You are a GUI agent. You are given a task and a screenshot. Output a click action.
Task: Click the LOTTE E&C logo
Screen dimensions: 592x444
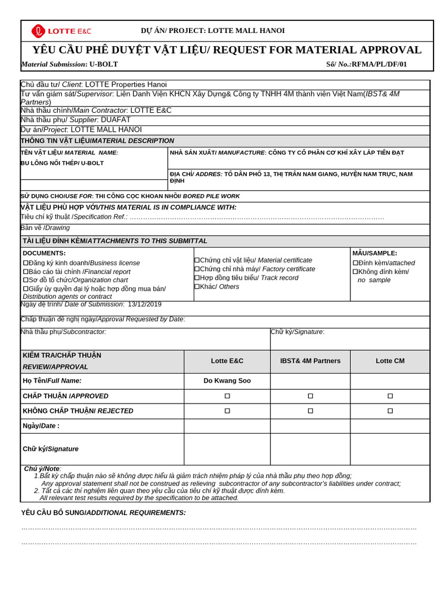tap(61, 31)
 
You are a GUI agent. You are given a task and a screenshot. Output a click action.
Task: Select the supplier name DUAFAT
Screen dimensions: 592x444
tap(116, 120)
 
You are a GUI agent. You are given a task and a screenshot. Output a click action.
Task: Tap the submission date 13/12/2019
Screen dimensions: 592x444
tap(145, 304)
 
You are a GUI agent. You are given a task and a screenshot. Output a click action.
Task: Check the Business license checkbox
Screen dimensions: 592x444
tap(25, 263)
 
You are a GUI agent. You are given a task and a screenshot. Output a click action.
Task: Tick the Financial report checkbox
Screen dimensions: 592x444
tap(25, 272)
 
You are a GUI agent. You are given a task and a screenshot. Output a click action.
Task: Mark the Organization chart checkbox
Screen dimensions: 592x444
tap(25, 280)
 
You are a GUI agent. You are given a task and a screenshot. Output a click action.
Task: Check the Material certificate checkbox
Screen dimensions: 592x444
tap(197, 261)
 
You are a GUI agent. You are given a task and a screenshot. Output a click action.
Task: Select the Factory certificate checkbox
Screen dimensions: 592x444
tap(197, 269)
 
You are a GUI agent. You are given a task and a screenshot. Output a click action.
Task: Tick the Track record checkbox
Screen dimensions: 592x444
tap(197, 278)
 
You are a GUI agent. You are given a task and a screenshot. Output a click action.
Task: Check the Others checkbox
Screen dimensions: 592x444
tap(197, 287)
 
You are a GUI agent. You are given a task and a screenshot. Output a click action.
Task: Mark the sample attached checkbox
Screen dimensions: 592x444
tap(356, 263)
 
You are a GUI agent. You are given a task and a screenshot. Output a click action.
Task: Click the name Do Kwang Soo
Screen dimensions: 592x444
tap(227, 380)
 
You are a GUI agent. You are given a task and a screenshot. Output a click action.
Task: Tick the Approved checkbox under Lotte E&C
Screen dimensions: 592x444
tap(227, 396)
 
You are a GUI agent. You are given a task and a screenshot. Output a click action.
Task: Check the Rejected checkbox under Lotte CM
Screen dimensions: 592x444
tap(390, 411)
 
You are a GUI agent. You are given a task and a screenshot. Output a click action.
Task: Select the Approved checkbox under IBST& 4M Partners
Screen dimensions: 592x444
tap(310, 396)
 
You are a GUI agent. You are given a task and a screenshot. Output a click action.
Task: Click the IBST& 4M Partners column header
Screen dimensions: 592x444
tap(310, 361)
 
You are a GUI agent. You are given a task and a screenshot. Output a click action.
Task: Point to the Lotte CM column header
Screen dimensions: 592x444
tap(390, 361)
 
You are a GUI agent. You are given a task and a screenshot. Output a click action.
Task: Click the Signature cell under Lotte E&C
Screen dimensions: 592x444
tap(227, 449)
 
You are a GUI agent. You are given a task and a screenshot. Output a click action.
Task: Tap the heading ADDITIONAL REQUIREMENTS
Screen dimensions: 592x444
tap(103, 513)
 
